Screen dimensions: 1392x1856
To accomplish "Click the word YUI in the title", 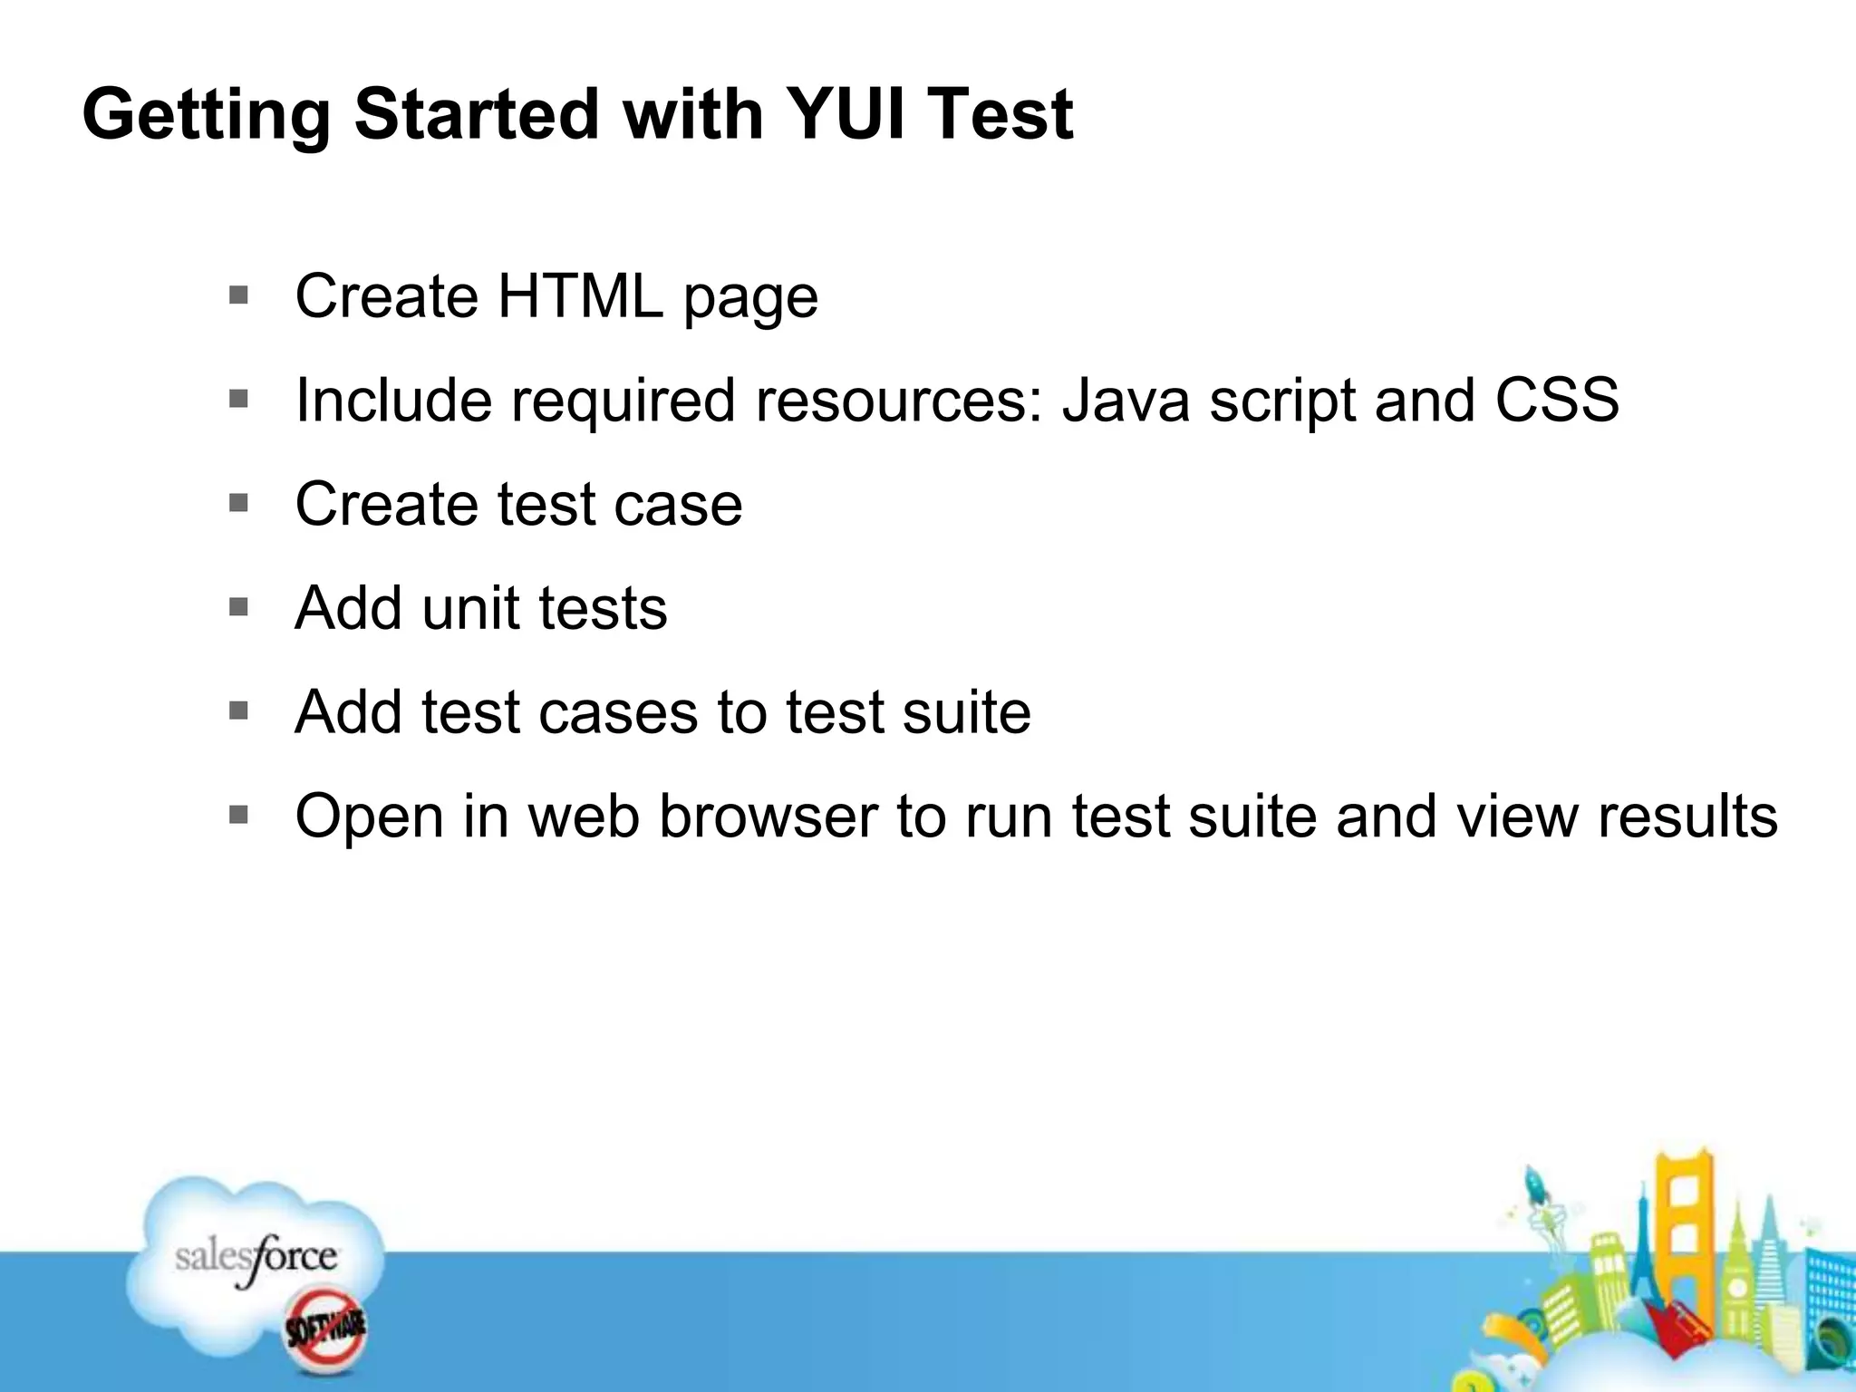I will [845, 114].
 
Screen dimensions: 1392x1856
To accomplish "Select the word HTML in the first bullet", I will [580, 296].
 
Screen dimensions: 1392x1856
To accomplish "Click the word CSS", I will [1556, 400].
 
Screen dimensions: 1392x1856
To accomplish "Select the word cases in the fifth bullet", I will [618, 712].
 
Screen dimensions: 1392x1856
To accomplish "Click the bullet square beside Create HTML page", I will [238, 295].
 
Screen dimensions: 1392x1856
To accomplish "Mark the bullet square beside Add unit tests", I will [238, 607].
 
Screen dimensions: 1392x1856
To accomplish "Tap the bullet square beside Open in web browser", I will [238, 816].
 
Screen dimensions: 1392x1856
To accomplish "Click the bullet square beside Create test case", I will [238, 503].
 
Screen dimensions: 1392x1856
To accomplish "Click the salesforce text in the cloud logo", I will [256, 1258].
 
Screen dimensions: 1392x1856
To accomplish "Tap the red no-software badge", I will [325, 1330].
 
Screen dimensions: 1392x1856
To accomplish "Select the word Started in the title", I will [476, 114].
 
